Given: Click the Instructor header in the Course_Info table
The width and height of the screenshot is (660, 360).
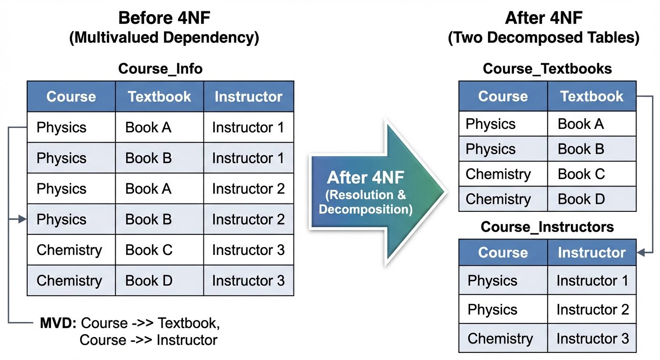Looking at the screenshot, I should tap(248, 97).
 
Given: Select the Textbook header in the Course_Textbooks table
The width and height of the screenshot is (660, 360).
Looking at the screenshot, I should tap(592, 96).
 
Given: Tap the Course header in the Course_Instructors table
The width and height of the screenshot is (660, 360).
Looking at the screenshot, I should tap(502, 253).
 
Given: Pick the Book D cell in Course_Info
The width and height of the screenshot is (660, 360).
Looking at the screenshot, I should tap(149, 280).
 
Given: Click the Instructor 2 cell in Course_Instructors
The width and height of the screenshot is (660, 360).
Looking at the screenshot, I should tap(592, 309).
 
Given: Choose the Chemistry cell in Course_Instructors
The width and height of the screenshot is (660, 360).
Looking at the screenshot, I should tap(500, 338).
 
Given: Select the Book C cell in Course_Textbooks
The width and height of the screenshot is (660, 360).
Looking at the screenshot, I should tap(581, 174).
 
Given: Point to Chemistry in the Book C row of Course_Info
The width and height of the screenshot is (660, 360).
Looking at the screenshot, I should tap(69, 250).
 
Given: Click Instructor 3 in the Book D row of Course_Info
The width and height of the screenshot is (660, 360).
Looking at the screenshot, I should tap(248, 280).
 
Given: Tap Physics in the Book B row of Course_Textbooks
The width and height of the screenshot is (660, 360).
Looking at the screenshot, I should tap(490, 149).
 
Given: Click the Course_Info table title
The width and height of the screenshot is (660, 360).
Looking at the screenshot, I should tap(160, 68).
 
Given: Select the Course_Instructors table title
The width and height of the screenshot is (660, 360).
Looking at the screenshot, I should tap(547, 227).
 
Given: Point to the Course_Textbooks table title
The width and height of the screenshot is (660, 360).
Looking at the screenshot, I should tap(547, 68).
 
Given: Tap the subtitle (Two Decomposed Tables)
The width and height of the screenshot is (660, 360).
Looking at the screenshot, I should tap(544, 38).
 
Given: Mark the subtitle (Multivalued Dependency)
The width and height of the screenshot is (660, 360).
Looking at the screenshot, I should tap(164, 38).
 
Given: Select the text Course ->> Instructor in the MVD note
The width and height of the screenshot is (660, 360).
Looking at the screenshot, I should tap(148, 340).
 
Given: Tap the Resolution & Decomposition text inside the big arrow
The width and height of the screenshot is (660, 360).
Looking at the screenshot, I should tap(366, 202).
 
